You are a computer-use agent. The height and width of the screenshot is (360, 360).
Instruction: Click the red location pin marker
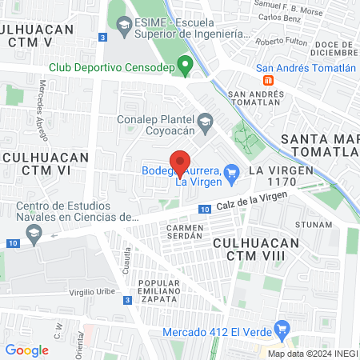(181, 162)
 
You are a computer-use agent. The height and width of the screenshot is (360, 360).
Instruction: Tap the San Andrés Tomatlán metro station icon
(269, 80)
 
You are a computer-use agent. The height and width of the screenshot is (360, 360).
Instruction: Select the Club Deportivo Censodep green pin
(186, 66)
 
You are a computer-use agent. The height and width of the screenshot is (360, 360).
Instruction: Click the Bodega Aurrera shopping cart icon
(232, 170)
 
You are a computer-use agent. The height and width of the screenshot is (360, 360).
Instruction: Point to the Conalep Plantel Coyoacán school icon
(206, 121)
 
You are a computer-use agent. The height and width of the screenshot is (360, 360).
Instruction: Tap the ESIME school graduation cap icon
(123, 28)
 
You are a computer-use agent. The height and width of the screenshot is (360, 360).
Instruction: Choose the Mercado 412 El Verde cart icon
(281, 329)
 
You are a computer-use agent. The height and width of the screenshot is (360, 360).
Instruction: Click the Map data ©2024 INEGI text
(313, 354)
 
